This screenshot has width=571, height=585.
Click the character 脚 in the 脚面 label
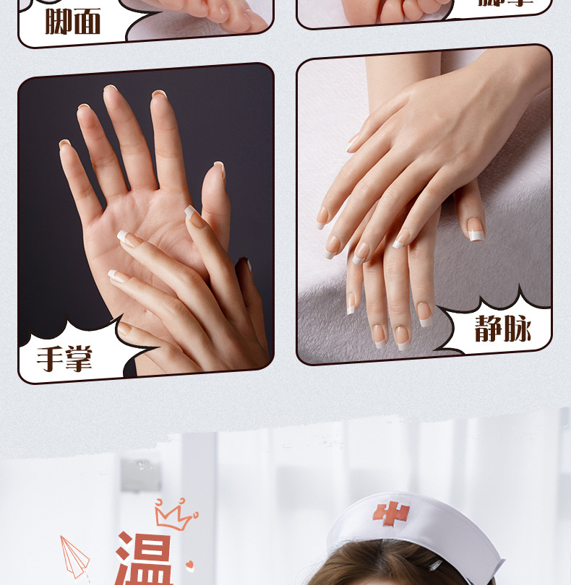59,22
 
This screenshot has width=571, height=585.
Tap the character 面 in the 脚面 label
87,22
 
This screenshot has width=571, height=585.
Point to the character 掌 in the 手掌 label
78,359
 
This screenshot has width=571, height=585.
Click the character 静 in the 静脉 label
489,330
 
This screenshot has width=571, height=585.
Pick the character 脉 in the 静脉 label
517,330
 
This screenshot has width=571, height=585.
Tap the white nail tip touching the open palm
191,211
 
